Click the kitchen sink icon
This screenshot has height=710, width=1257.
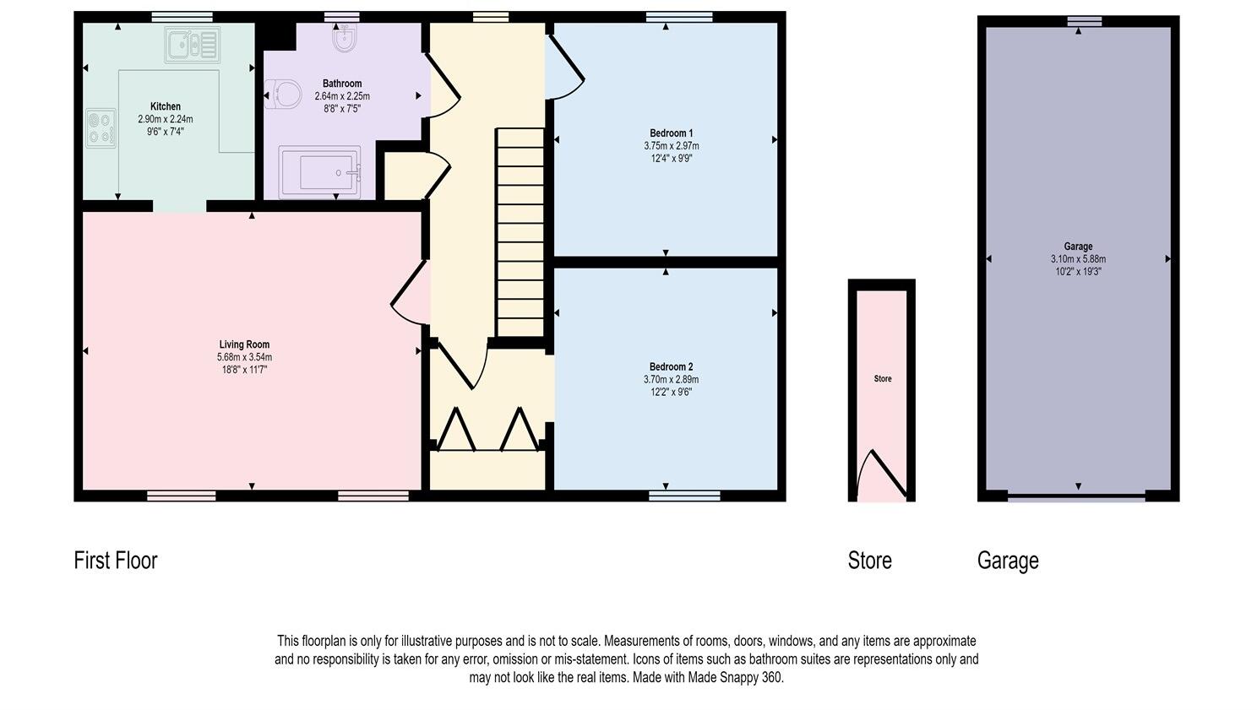[x=193, y=46]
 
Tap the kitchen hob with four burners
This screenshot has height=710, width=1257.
[x=101, y=129]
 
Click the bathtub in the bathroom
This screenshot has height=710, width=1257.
[x=319, y=172]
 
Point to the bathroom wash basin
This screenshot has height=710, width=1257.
[x=343, y=38]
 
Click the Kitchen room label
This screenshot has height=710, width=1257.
[x=166, y=106]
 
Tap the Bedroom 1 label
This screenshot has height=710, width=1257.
[x=671, y=133]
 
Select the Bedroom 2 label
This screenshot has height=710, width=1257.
[x=671, y=366]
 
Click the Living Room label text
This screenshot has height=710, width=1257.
[x=244, y=344]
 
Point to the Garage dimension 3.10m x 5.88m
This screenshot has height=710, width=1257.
[x=1078, y=259]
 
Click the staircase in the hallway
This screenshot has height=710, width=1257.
[x=520, y=232]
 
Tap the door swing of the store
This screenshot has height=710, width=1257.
[x=883, y=474]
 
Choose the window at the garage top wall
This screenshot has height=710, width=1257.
[x=1084, y=22]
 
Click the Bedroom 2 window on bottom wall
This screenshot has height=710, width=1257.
[x=685, y=496]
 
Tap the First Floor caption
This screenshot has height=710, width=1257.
[x=116, y=561]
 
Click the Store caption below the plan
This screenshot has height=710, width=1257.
[x=869, y=561]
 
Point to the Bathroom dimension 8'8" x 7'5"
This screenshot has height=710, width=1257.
[x=342, y=109]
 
